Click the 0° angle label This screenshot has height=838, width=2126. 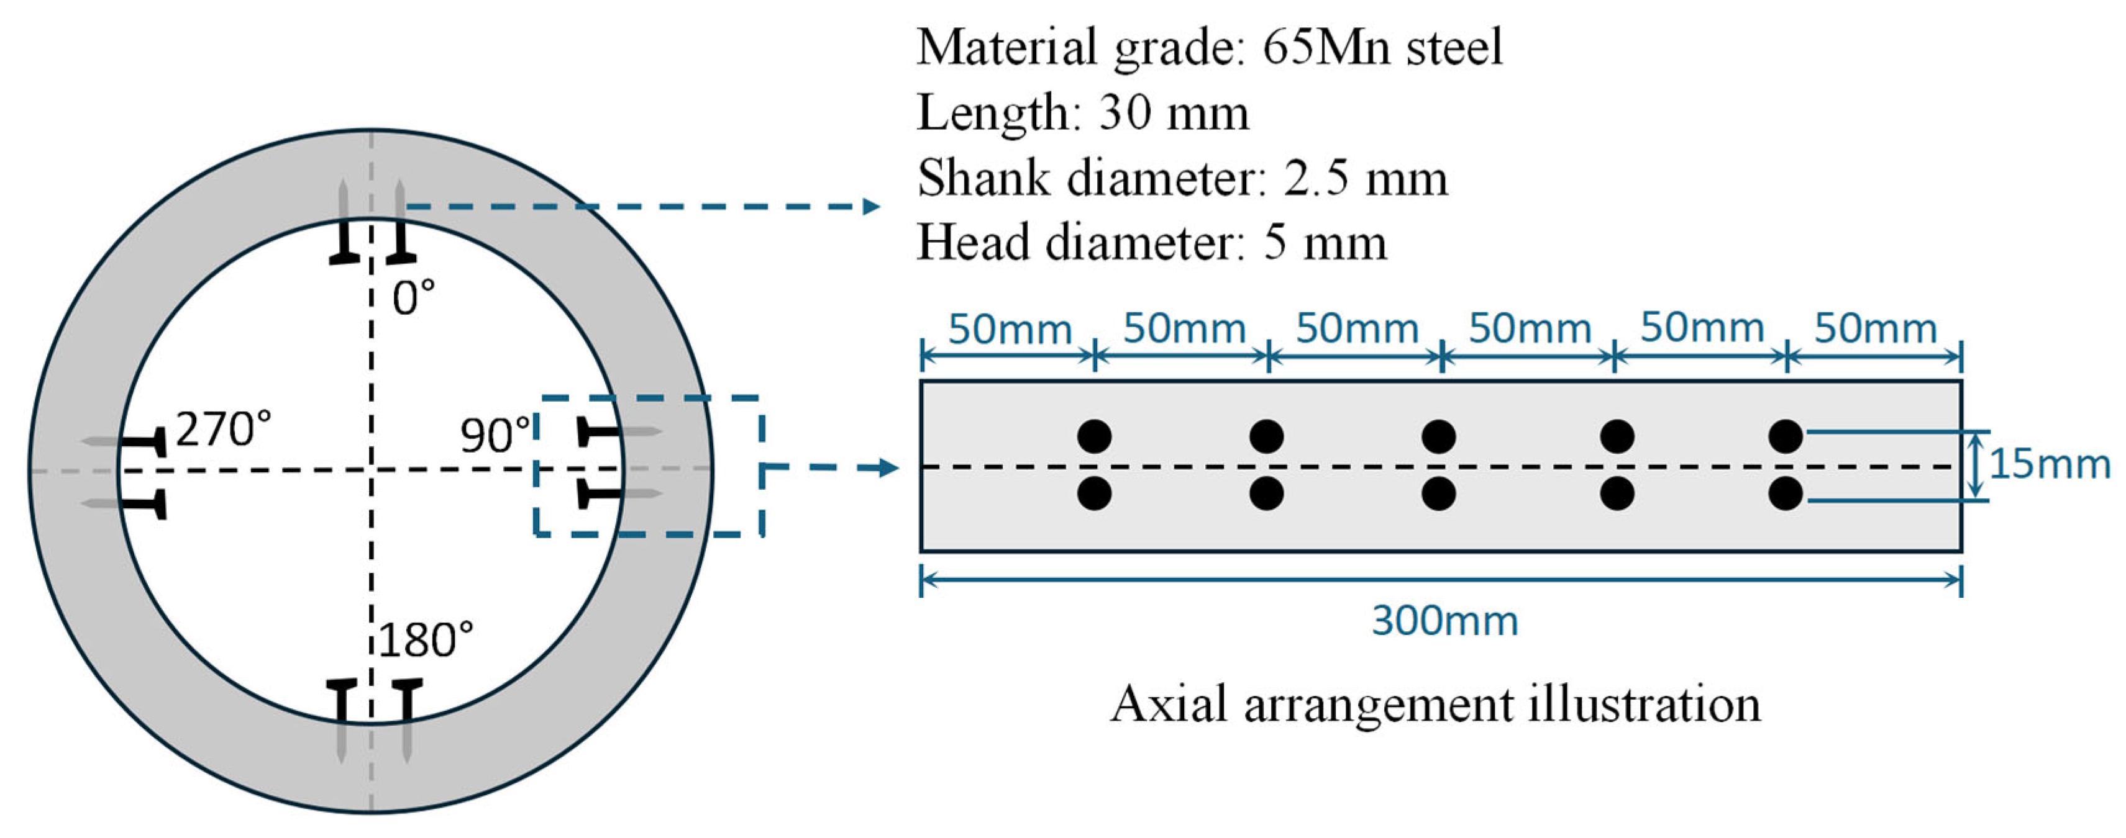tap(413, 298)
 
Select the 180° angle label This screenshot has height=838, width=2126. tap(426, 640)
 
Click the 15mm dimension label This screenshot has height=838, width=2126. tap(2049, 465)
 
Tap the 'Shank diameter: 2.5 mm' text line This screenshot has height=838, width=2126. tap(1182, 178)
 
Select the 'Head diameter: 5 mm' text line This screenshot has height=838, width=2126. tap(1151, 243)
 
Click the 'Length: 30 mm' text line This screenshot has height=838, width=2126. tap(1082, 113)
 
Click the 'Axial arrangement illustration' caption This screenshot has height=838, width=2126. tap(1435, 705)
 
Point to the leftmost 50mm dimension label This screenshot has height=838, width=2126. tap(1010, 330)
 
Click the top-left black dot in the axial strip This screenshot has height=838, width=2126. tap(1094, 436)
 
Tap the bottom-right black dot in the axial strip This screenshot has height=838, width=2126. tap(1785, 494)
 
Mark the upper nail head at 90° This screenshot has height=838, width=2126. tap(583, 431)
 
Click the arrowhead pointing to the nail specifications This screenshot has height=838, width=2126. tap(870, 206)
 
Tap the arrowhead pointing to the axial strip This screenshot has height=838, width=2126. tap(889, 467)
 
